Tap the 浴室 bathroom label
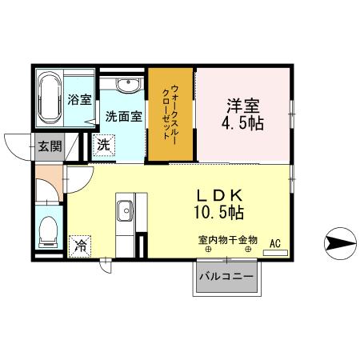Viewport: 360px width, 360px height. pos(78,100)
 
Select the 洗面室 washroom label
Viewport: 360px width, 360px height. pos(123,116)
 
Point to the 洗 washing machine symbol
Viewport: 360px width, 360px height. pos(104,146)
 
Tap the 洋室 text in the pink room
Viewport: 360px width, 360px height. pos(242,105)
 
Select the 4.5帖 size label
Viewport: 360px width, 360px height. pos(242,124)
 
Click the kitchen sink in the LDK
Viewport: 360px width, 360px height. pos(125,211)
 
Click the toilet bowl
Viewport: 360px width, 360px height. pos(47,230)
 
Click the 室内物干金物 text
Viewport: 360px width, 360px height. pos(227,239)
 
